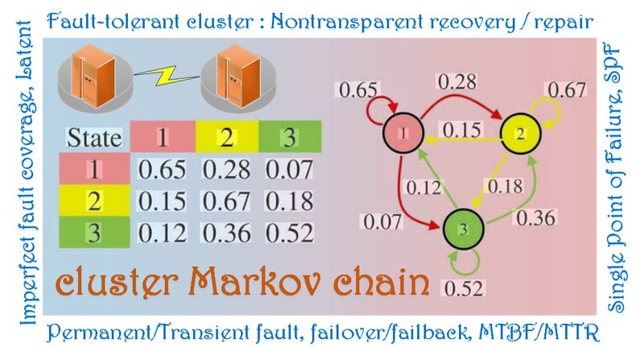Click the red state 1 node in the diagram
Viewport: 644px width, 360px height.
tap(403, 133)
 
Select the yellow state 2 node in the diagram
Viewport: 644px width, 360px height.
tap(520, 134)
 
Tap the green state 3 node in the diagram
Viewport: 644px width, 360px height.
tap(464, 229)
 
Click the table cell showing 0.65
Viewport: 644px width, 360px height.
tap(162, 169)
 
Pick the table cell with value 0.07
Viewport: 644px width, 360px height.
tap(289, 169)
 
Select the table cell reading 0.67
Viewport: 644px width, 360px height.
tap(226, 201)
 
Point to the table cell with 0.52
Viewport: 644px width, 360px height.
tap(289, 233)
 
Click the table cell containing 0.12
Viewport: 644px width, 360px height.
tap(162, 233)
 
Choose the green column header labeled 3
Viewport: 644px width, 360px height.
tap(290, 136)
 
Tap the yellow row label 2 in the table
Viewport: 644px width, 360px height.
tap(94, 201)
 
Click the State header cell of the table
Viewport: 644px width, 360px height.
tap(94, 137)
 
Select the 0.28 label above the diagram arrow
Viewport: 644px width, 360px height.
tap(457, 82)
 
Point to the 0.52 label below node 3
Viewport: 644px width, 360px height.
tap(464, 288)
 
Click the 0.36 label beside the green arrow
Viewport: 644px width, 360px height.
tap(536, 217)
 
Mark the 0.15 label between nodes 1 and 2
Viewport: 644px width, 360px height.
tap(461, 130)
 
